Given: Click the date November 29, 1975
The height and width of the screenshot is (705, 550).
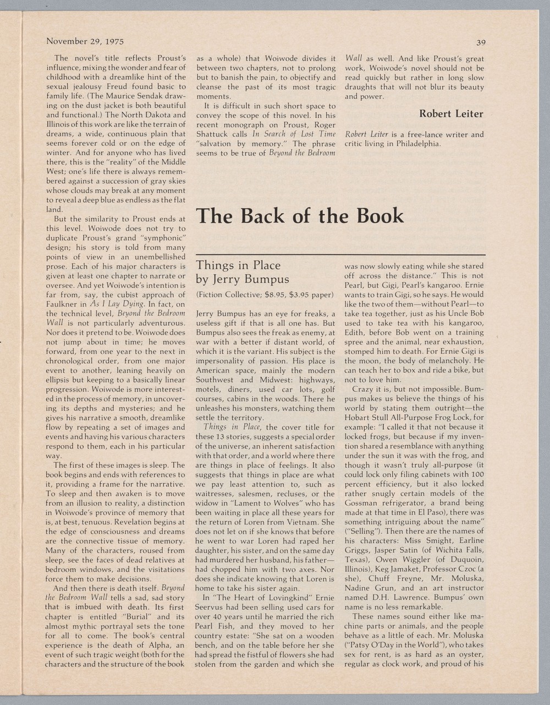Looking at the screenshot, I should click(85, 41).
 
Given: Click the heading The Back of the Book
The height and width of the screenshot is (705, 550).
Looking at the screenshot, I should click(300, 216).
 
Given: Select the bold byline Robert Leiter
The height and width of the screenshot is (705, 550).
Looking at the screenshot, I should click(451, 114).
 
